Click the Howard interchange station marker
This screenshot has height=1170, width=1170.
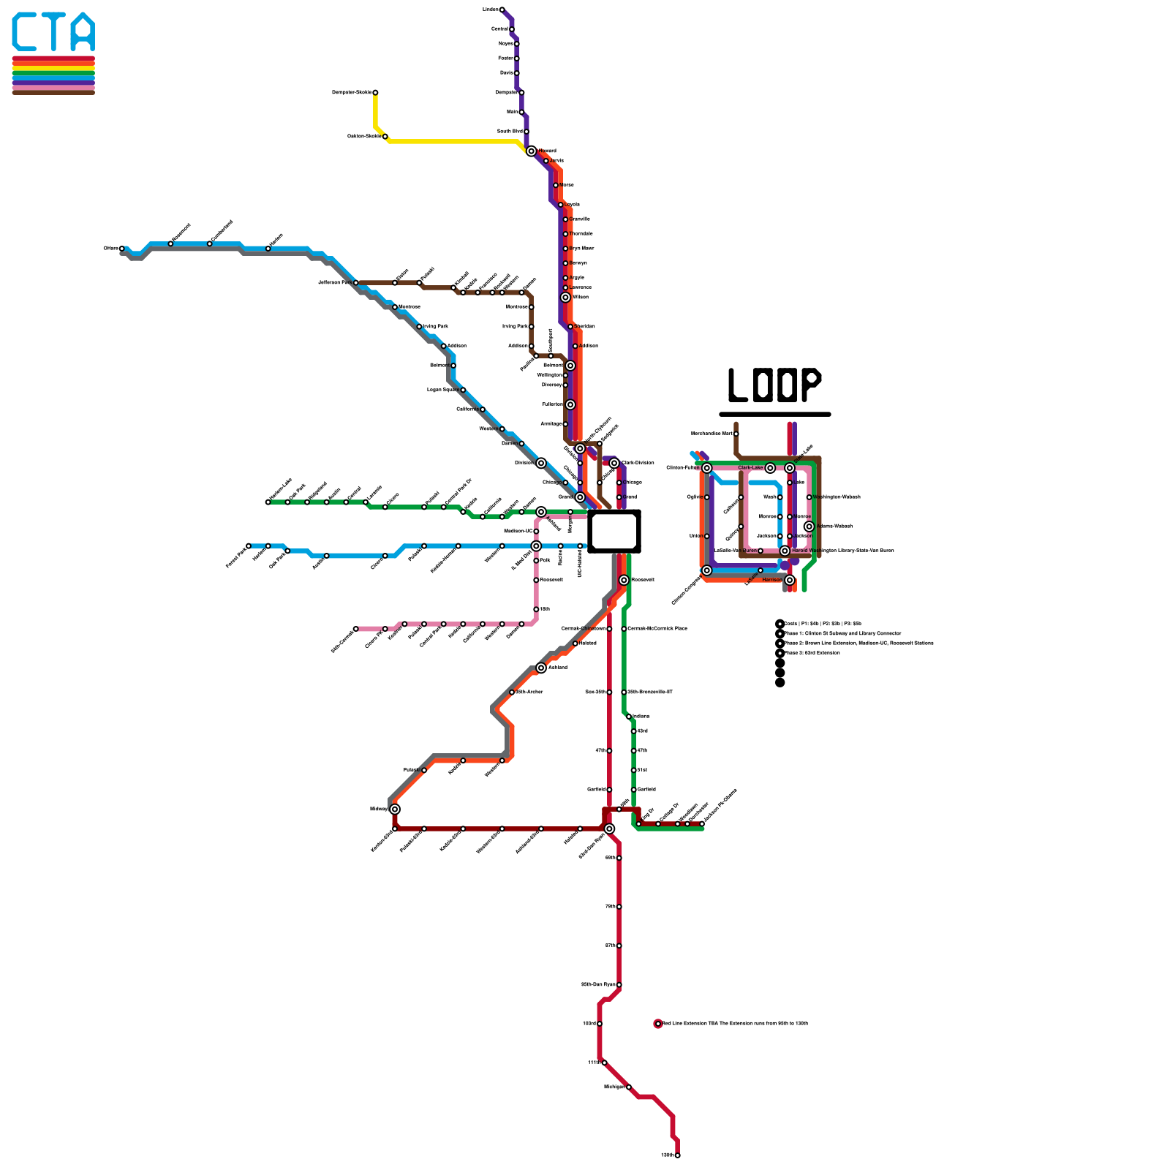(x=531, y=151)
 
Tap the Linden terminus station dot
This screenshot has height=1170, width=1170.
(x=502, y=10)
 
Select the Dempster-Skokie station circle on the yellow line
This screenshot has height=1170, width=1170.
(x=375, y=93)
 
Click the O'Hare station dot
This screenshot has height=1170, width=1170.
(x=121, y=249)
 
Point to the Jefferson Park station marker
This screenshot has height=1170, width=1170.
(x=355, y=282)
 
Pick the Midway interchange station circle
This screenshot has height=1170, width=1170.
(x=395, y=809)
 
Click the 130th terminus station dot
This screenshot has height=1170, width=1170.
(x=678, y=1155)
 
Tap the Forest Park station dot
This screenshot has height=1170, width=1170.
(x=249, y=546)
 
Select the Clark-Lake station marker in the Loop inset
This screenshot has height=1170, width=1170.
(x=770, y=468)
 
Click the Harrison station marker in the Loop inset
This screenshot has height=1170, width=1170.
(x=790, y=580)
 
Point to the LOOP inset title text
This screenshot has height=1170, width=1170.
(x=774, y=385)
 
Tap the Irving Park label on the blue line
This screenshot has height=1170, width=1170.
(x=436, y=327)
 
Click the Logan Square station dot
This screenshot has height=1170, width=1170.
(x=463, y=390)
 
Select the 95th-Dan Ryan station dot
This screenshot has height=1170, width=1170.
(x=619, y=985)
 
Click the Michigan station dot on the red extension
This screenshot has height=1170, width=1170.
(x=629, y=1087)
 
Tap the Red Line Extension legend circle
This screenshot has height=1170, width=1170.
(x=658, y=1024)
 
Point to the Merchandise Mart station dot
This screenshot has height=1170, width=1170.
(x=736, y=434)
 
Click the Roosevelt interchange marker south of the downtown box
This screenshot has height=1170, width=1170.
(x=624, y=580)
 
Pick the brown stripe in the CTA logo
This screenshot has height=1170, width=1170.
(x=53, y=92)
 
